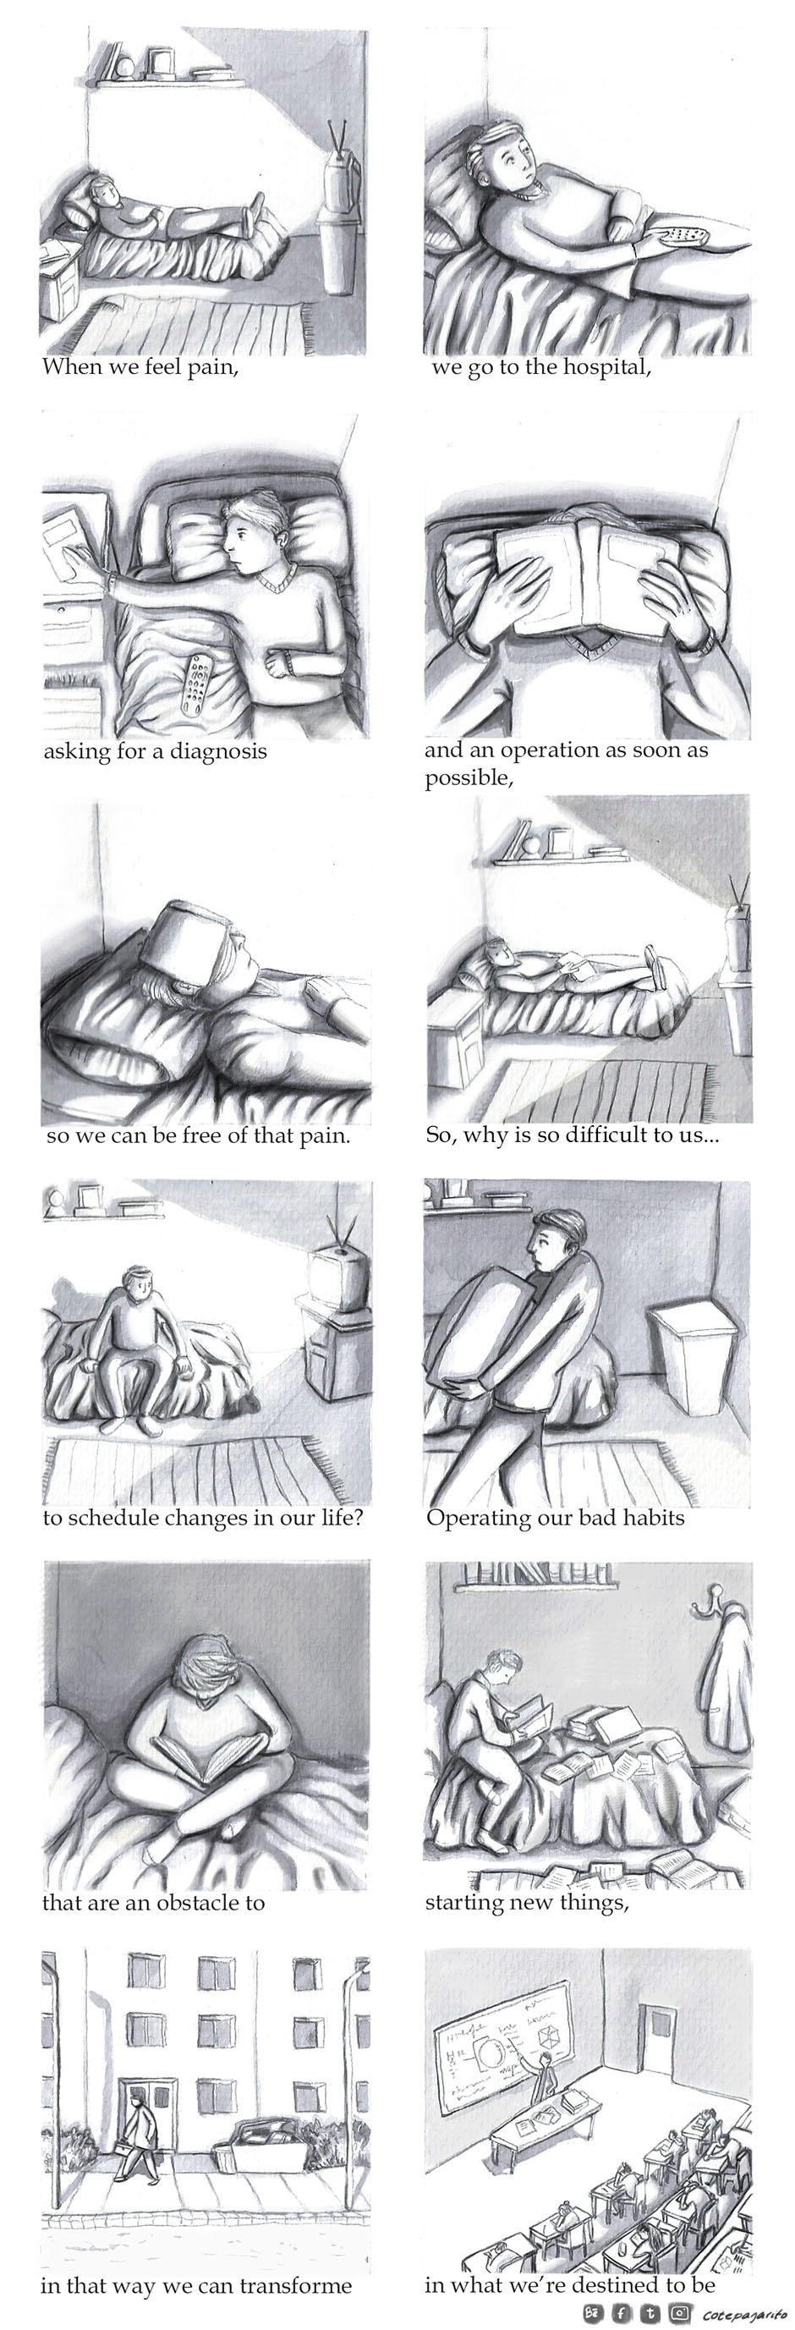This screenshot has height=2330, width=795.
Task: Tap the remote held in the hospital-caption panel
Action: click(683, 238)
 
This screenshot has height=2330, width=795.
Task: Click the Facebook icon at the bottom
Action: click(622, 2314)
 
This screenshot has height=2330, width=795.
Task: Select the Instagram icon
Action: click(680, 2314)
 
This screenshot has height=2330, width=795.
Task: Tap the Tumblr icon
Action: click(650, 2314)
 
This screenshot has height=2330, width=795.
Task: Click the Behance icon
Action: click(594, 2314)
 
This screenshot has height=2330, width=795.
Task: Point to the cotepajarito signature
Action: click(743, 2315)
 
